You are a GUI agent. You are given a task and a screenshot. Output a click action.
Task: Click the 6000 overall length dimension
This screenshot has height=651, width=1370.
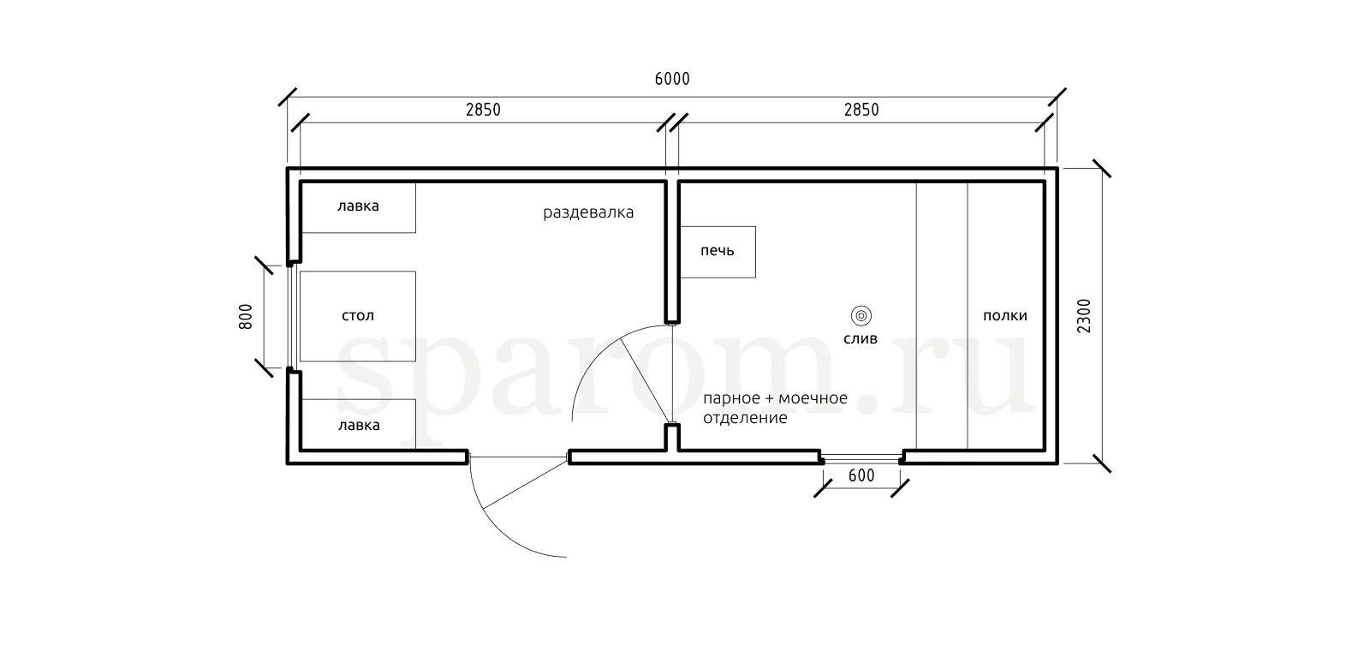672,79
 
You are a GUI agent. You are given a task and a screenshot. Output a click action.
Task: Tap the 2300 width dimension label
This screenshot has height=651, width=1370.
1084,316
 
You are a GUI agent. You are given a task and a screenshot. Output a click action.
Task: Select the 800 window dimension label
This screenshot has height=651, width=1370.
245,317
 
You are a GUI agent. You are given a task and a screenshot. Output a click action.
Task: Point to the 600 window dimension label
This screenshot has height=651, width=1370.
861,475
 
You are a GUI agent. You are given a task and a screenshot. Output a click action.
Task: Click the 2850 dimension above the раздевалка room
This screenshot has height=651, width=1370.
483,110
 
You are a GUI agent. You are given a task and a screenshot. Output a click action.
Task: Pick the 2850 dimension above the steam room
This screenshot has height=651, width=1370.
861,110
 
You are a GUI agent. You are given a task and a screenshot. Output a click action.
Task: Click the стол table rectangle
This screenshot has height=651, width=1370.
358,316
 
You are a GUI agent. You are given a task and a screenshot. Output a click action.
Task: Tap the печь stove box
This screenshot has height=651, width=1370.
718,252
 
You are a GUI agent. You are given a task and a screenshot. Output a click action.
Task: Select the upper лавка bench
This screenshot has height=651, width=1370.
359,206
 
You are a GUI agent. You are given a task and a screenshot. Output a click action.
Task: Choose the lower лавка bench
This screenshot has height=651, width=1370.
359,425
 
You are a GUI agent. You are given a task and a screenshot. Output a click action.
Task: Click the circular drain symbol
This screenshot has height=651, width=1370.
861,316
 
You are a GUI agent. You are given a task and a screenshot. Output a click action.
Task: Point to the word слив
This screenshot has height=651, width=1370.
861,339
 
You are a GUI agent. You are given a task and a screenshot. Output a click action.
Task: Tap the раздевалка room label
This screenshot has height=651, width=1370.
588,212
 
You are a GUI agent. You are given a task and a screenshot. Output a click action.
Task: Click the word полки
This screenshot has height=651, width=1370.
1005,316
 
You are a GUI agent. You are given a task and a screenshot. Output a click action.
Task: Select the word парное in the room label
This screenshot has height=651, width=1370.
731,399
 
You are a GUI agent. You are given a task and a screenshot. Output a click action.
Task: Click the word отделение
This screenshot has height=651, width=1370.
745,419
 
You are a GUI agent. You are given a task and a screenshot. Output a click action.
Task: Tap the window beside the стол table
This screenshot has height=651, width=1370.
292,317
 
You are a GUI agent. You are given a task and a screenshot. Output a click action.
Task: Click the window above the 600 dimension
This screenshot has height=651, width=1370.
861,457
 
